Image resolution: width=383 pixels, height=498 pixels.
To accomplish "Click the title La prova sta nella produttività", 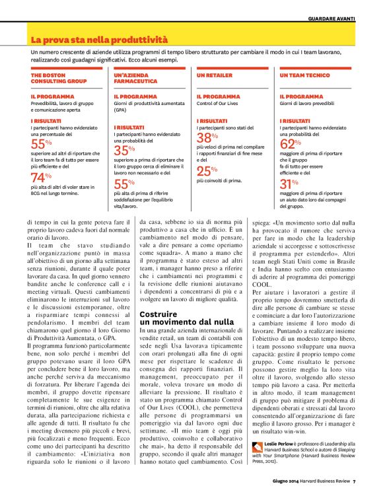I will (x=100, y=40).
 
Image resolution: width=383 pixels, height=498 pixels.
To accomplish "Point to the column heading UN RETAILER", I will (x=212, y=76).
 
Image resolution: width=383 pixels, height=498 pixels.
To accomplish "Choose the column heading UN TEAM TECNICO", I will (x=304, y=76).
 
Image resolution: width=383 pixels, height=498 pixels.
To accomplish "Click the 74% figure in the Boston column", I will (x=42, y=177).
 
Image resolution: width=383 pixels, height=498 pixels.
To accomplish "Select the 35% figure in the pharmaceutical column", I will (x=125, y=150).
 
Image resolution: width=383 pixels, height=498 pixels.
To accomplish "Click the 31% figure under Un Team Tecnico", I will (x=291, y=184).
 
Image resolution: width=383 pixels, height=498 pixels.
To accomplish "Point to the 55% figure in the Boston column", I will (x=42, y=144).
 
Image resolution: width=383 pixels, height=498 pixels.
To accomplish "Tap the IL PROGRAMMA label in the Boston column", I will (x=50, y=96).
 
